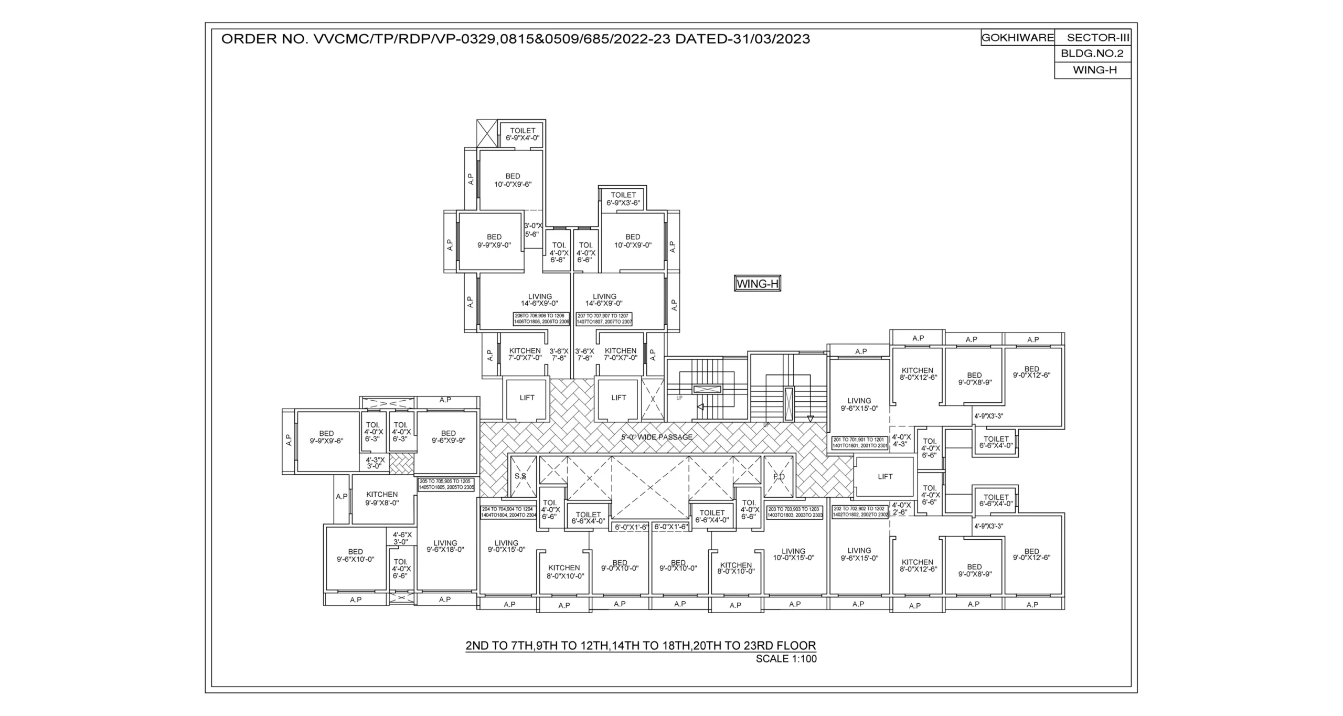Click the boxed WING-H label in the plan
(x=757, y=284)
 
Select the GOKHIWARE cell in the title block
(x=1017, y=38)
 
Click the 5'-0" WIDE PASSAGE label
(x=657, y=437)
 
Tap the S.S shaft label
(x=520, y=476)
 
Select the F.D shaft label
(x=779, y=477)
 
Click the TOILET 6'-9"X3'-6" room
(x=623, y=199)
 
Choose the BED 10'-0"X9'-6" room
(x=513, y=180)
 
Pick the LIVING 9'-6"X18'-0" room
(x=445, y=546)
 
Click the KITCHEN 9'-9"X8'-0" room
(x=382, y=498)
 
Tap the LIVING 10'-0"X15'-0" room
(x=793, y=554)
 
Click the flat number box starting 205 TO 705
(x=446, y=484)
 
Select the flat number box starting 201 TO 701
(x=859, y=443)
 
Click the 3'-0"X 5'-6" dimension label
(x=532, y=230)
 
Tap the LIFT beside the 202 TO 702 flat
(x=884, y=477)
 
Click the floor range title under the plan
(x=641, y=646)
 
